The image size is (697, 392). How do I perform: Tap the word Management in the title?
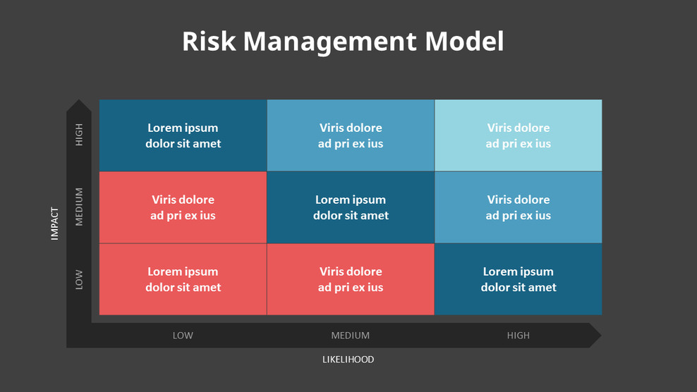point(330,42)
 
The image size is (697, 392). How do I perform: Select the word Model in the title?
point(464,42)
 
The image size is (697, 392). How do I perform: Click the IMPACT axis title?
point(55,223)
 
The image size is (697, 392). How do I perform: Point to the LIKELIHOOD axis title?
point(348,360)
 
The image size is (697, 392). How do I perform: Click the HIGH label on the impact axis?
point(79,135)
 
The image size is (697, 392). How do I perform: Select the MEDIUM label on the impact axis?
point(79,207)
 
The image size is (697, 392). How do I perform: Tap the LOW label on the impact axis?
point(79,279)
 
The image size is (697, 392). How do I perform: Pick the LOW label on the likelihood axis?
point(183,336)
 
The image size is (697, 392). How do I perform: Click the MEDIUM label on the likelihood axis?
point(351,336)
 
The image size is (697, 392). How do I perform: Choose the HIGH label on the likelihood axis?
point(518,336)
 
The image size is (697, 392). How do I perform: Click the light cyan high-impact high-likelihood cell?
point(519,135)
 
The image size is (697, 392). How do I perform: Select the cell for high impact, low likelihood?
point(183,135)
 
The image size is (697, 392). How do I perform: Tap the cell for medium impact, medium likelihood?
point(351,207)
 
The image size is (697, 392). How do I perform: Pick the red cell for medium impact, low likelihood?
point(183,207)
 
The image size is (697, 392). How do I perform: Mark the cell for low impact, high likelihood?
point(519,279)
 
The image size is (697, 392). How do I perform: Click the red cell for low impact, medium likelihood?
point(351,279)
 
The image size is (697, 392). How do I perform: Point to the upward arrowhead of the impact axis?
point(79,106)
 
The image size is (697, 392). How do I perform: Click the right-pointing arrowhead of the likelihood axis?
point(594,336)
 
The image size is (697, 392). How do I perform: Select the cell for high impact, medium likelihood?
point(351,135)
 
